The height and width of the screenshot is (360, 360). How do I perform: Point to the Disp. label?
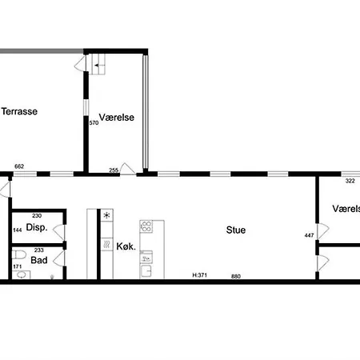point(36,228)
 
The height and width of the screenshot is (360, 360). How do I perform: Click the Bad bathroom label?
point(38,260)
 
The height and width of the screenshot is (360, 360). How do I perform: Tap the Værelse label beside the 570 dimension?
point(117,117)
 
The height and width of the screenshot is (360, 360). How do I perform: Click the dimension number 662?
point(20,167)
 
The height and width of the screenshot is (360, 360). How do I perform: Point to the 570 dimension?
point(94,122)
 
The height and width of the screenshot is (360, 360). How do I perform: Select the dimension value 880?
point(236,277)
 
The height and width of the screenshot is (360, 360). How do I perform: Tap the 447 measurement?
point(309,235)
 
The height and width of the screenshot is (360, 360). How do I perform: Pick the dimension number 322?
point(350,181)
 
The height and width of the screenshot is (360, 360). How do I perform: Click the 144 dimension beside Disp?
point(17,230)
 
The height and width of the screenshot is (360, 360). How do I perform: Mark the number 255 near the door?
point(114,169)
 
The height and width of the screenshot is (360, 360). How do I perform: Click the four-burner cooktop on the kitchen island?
point(146,227)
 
